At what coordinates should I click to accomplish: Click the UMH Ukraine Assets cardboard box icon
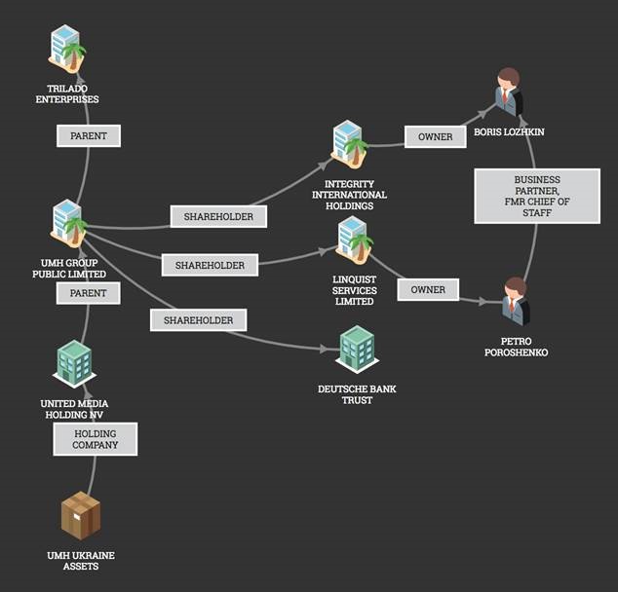point(81,516)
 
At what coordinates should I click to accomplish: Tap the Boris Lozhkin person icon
point(507,93)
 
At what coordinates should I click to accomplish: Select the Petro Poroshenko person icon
point(515,303)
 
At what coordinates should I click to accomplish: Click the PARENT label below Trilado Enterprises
point(89,136)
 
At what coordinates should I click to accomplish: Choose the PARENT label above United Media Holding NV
point(88,292)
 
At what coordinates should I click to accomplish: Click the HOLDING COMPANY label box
point(95,438)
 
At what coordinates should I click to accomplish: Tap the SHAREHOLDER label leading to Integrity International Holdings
point(218,217)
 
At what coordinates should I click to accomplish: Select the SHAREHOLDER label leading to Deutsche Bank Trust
point(198,318)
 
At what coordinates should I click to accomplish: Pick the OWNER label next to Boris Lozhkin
point(435,136)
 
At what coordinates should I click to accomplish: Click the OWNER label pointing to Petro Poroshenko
point(428,289)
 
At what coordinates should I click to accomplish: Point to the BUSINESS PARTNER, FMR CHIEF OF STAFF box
point(537,197)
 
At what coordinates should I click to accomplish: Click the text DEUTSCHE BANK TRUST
point(357,394)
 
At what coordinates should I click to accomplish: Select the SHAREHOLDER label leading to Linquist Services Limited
point(210,264)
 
